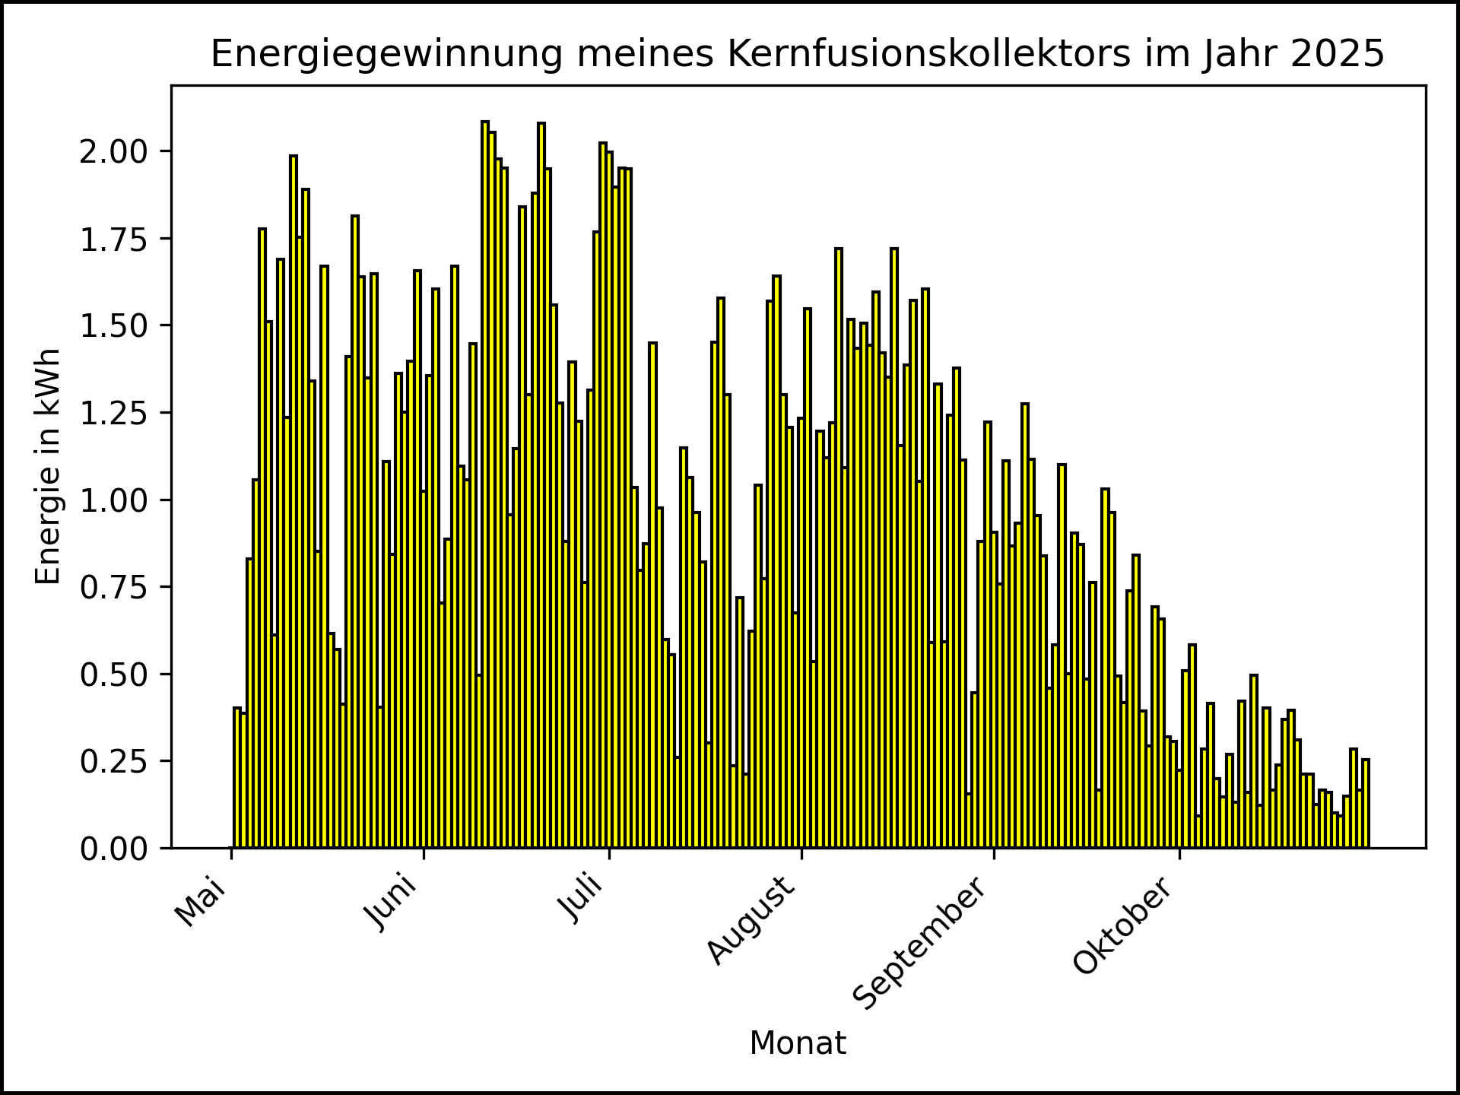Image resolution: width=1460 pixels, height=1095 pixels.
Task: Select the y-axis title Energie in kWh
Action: click(x=48, y=466)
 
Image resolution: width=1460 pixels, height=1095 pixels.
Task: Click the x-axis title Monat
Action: click(x=798, y=1043)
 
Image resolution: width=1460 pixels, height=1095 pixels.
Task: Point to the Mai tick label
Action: click(x=201, y=902)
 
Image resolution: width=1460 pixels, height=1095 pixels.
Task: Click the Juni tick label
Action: click(x=392, y=903)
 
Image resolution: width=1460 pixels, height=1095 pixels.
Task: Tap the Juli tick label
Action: click(x=581, y=899)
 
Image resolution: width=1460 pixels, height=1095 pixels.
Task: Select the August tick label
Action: click(x=751, y=920)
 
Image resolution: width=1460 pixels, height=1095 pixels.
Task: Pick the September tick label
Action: click(x=920, y=943)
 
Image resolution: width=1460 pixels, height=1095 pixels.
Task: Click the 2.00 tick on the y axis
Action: click(x=114, y=151)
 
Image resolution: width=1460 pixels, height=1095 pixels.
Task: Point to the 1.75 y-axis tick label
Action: click(x=114, y=239)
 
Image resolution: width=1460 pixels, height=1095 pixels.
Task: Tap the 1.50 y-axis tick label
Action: click(x=114, y=326)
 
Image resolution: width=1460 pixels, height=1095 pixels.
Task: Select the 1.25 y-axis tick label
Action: click(x=114, y=413)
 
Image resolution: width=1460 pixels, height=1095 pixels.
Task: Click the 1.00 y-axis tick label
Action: click(x=114, y=500)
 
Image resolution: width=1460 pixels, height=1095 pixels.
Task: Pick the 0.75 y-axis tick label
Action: click(x=114, y=587)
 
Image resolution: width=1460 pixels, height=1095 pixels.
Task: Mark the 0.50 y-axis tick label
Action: click(x=114, y=674)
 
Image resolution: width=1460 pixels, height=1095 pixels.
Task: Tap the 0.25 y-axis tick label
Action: click(x=114, y=761)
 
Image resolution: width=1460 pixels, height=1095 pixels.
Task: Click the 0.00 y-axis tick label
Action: click(x=114, y=849)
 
